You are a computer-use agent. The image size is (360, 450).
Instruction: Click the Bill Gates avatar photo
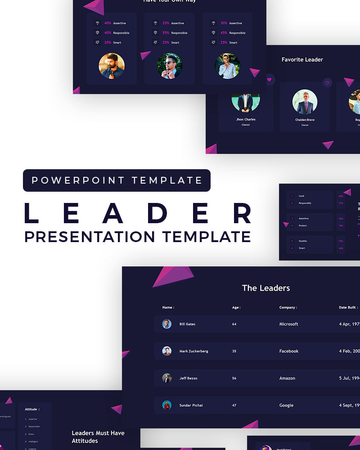[x=167, y=324]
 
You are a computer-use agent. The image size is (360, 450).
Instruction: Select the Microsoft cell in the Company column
[x=288, y=324]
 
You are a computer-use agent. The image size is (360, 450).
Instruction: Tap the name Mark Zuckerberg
[x=193, y=351]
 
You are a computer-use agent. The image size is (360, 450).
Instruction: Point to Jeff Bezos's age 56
[x=234, y=378]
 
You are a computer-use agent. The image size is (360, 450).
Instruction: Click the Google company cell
[x=286, y=405]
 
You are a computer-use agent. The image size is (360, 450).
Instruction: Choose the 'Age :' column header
[x=236, y=307]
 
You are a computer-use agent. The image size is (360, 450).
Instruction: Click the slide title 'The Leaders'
[x=266, y=288]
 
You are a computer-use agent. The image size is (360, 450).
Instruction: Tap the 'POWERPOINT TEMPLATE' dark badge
[x=117, y=180]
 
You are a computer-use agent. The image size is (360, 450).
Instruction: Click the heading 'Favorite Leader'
[x=302, y=59]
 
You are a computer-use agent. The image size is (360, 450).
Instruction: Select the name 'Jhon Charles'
[x=246, y=119]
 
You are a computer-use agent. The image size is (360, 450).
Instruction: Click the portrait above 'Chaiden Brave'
[x=305, y=102]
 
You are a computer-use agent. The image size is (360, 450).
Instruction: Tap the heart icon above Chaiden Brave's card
[x=328, y=82]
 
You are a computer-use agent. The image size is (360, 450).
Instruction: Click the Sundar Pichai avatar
[x=167, y=405]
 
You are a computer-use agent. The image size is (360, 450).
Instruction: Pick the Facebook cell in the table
[x=289, y=351]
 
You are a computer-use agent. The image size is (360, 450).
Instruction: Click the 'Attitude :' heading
[x=32, y=409]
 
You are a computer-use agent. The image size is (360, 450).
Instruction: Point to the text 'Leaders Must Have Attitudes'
[x=98, y=436]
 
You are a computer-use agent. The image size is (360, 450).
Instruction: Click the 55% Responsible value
[x=166, y=33]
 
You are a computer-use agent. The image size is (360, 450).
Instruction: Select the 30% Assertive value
[x=224, y=23]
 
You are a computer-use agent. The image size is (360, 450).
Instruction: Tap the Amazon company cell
[x=287, y=378]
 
